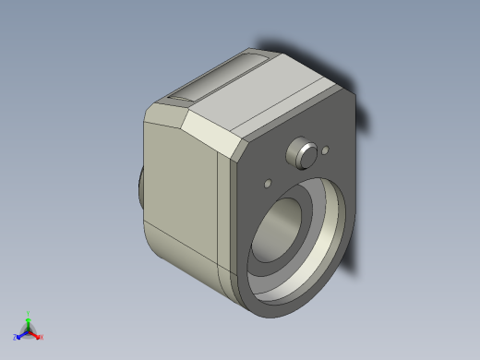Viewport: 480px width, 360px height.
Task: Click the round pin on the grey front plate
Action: click(301, 151)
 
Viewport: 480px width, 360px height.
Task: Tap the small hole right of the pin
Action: click(324, 150)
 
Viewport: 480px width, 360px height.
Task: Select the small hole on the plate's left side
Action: click(268, 182)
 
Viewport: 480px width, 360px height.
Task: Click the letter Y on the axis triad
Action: click(29, 312)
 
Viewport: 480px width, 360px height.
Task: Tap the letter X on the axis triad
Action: click(42, 337)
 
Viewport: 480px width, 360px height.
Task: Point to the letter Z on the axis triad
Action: click(15, 337)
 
